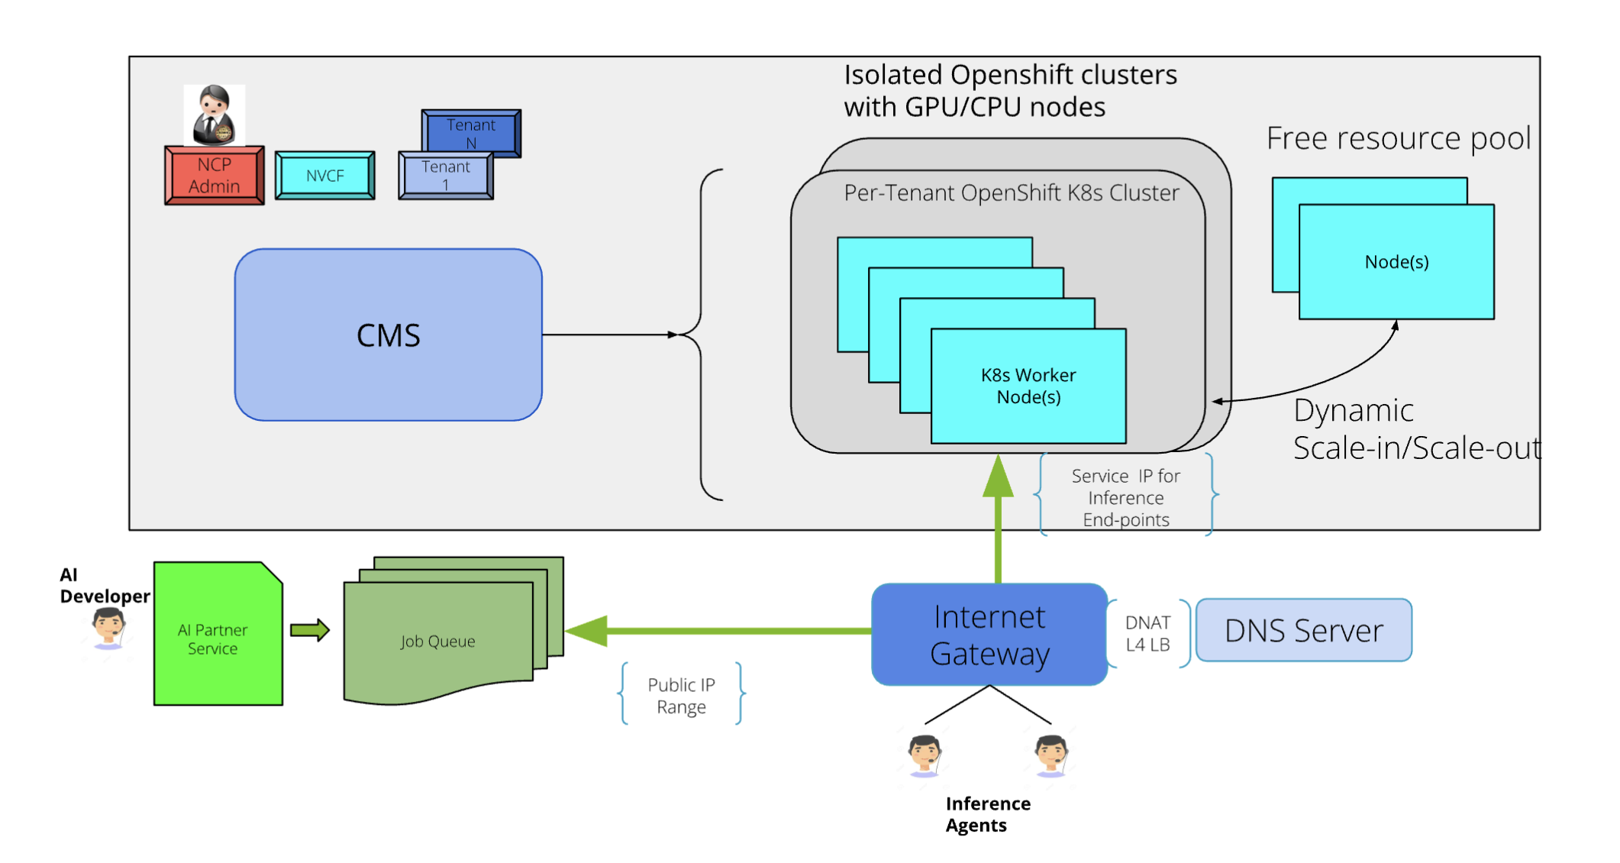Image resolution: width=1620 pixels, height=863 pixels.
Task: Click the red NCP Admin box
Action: click(x=215, y=176)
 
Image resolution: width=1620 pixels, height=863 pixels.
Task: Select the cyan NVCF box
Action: click(x=325, y=176)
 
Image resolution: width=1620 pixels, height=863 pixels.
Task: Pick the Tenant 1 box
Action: click(x=446, y=176)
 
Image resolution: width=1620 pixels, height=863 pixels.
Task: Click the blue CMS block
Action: click(x=389, y=335)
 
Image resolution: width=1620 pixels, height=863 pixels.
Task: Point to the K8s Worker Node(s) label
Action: click(x=1028, y=386)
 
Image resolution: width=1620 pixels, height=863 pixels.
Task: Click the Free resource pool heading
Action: click(x=1399, y=138)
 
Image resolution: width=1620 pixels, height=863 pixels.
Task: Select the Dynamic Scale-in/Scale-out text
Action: click(x=1416, y=429)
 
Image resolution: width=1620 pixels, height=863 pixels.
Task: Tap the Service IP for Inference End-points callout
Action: click(x=1126, y=498)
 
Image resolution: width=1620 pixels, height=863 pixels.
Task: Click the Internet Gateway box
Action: click(x=989, y=635)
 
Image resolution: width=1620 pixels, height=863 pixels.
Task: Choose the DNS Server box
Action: click(x=1304, y=631)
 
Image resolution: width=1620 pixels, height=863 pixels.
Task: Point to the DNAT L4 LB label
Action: click(x=1147, y=634)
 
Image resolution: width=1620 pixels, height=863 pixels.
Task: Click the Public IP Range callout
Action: click(x=681, y=696)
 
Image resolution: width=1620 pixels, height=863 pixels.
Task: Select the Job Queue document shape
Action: click(x=438, y=642)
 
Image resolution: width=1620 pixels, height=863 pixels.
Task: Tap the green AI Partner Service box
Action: click(x=213, y=638)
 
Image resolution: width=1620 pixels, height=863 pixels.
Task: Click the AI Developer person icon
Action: click(x=108, y=629)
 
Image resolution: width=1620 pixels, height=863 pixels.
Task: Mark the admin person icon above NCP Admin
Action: click(x=215, y=115)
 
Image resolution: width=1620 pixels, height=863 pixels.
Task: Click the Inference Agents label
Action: click(x=988, y=814)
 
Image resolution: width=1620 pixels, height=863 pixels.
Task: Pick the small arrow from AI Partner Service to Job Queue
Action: click(x=310, y=630)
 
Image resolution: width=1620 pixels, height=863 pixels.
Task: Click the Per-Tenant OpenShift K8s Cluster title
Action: click(x=1012, y=193)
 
